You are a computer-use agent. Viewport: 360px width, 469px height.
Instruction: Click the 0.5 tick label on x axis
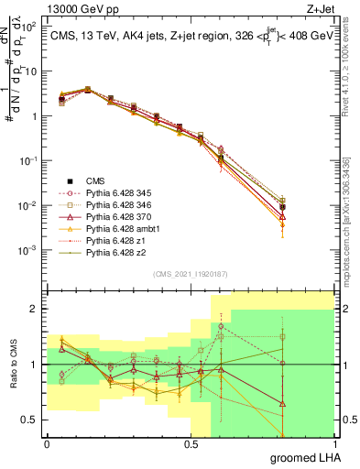click(191, 443)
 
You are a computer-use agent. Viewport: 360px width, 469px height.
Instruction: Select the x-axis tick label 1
click(334, 443)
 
